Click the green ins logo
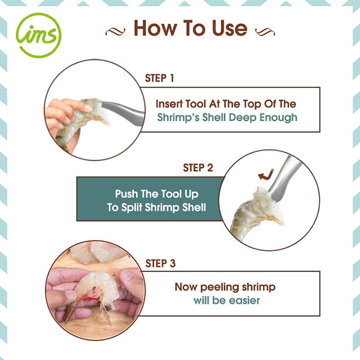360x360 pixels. (x=39, y=35)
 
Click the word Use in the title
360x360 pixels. (x=229, y=28)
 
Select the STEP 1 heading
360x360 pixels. (x=159, y=78)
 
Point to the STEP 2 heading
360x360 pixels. (x=198, y=168)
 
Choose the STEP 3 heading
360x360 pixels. (x=160, y=263)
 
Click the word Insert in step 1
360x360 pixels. (x=169, y=104)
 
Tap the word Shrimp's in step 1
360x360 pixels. (x=178, y=118)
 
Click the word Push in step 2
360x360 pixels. (x=127, y=194)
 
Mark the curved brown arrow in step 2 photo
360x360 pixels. (x=266, y=175)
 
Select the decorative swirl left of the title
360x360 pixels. (x=115, y=32)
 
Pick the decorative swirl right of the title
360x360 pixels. (x=265, y=32)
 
